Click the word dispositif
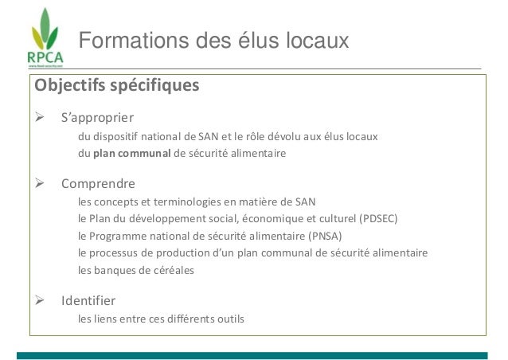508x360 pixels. tap(115, 136)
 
